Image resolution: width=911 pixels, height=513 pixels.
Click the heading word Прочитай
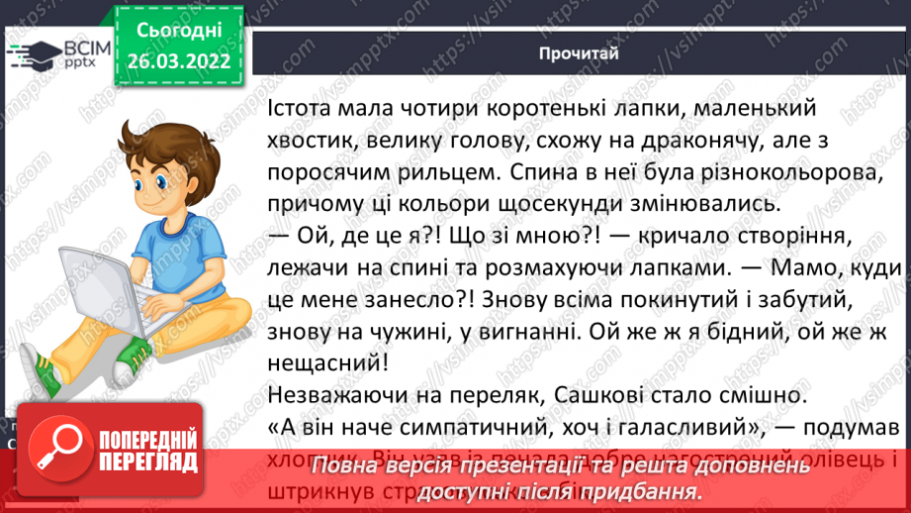(x=580, y=53)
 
